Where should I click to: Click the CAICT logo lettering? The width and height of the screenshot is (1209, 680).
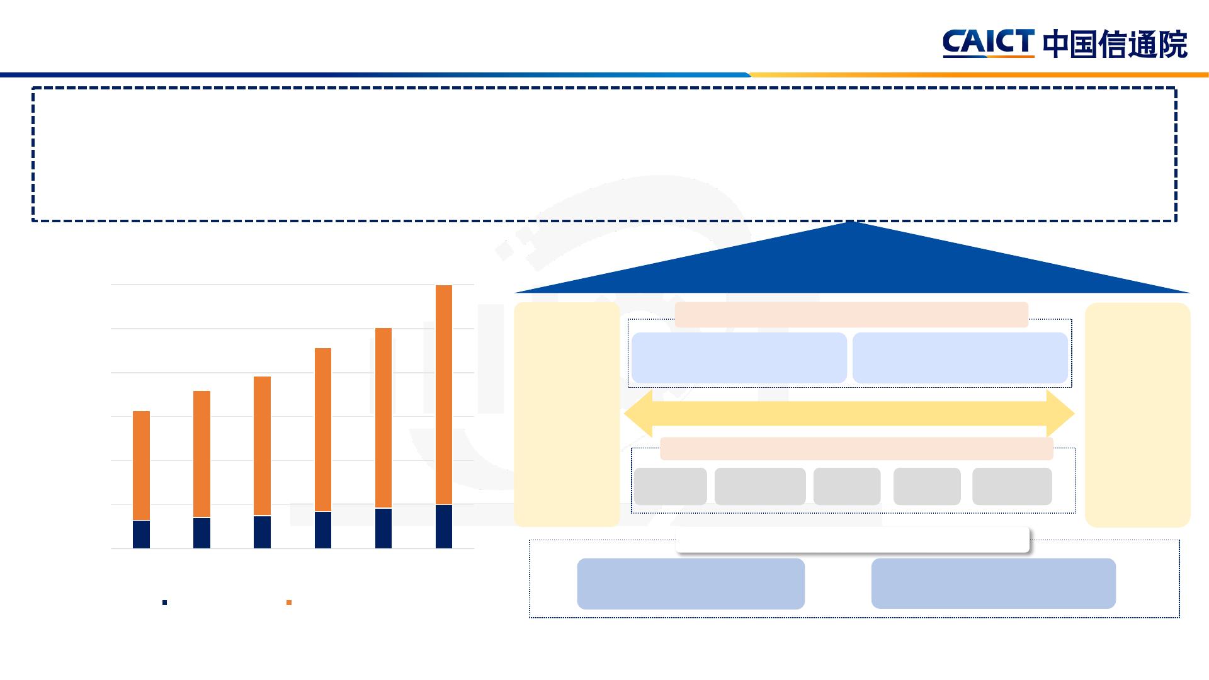pyautogui.click(x=988, y=43)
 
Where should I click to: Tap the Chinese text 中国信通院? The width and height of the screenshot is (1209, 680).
pyautogui.click(x=1115, y=45)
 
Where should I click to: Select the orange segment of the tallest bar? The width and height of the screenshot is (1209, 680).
pyautogui.click(x=444, y=395)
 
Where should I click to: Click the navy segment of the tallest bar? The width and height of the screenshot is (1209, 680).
pyautogui.click(x=444, y=526)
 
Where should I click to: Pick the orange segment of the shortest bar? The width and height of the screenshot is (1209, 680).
pyautogui.click(x=142, y=466)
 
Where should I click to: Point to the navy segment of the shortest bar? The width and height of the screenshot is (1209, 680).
pyautogui.click(x=142, y=535)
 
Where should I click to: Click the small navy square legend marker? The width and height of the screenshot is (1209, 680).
pyautogui.click(x=165, y=603)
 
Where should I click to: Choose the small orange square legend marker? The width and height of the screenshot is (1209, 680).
pyautogui.click(x=289, y=603)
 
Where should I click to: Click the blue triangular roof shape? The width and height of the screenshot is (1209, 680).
pyautogui.click(x=851, y=264)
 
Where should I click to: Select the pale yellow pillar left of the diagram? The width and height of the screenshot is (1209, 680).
pyautogui.click(x=567, y=414)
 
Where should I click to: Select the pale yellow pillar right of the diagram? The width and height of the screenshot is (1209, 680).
pyautogui.click(x=1137, y=415)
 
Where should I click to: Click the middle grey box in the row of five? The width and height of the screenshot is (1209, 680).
pyautogui.click(x=847, y=486)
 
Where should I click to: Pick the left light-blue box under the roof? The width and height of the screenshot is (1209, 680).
pyautogui.click(x=739, y=358)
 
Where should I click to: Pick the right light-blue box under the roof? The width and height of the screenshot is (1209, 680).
pyautogui.click(x=960, y=358)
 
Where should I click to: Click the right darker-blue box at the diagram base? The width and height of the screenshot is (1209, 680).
pyautogui.click(x=993, y=583)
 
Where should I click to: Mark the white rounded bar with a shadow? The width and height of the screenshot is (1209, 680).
pyautogui.click(x=852, y=540)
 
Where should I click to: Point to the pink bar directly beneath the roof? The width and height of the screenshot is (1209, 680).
pyautogui.click(x=851, y=314)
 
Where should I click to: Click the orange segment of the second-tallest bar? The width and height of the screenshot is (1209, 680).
pyautogui.click(x=383, y=418)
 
